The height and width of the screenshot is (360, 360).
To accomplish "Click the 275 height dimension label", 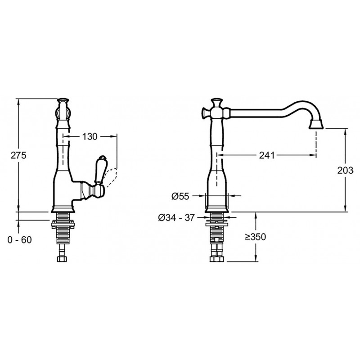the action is [18, 155].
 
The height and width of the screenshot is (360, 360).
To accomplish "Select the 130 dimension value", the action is [90, 137].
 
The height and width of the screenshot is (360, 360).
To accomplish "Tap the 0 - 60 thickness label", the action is [19, 240].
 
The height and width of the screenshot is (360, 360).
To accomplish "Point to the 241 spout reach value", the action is [267, 155].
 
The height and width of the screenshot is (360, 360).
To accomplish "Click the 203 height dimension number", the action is [345, 170].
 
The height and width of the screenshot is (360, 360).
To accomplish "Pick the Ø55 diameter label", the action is [180, 196].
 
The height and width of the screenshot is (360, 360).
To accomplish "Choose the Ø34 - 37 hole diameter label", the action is [176, 217].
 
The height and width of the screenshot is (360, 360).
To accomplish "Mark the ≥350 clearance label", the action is [255, 237].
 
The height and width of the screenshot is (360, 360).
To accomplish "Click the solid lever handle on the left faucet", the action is [100, 170].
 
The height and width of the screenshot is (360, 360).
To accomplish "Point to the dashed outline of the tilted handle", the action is [110, 176].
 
